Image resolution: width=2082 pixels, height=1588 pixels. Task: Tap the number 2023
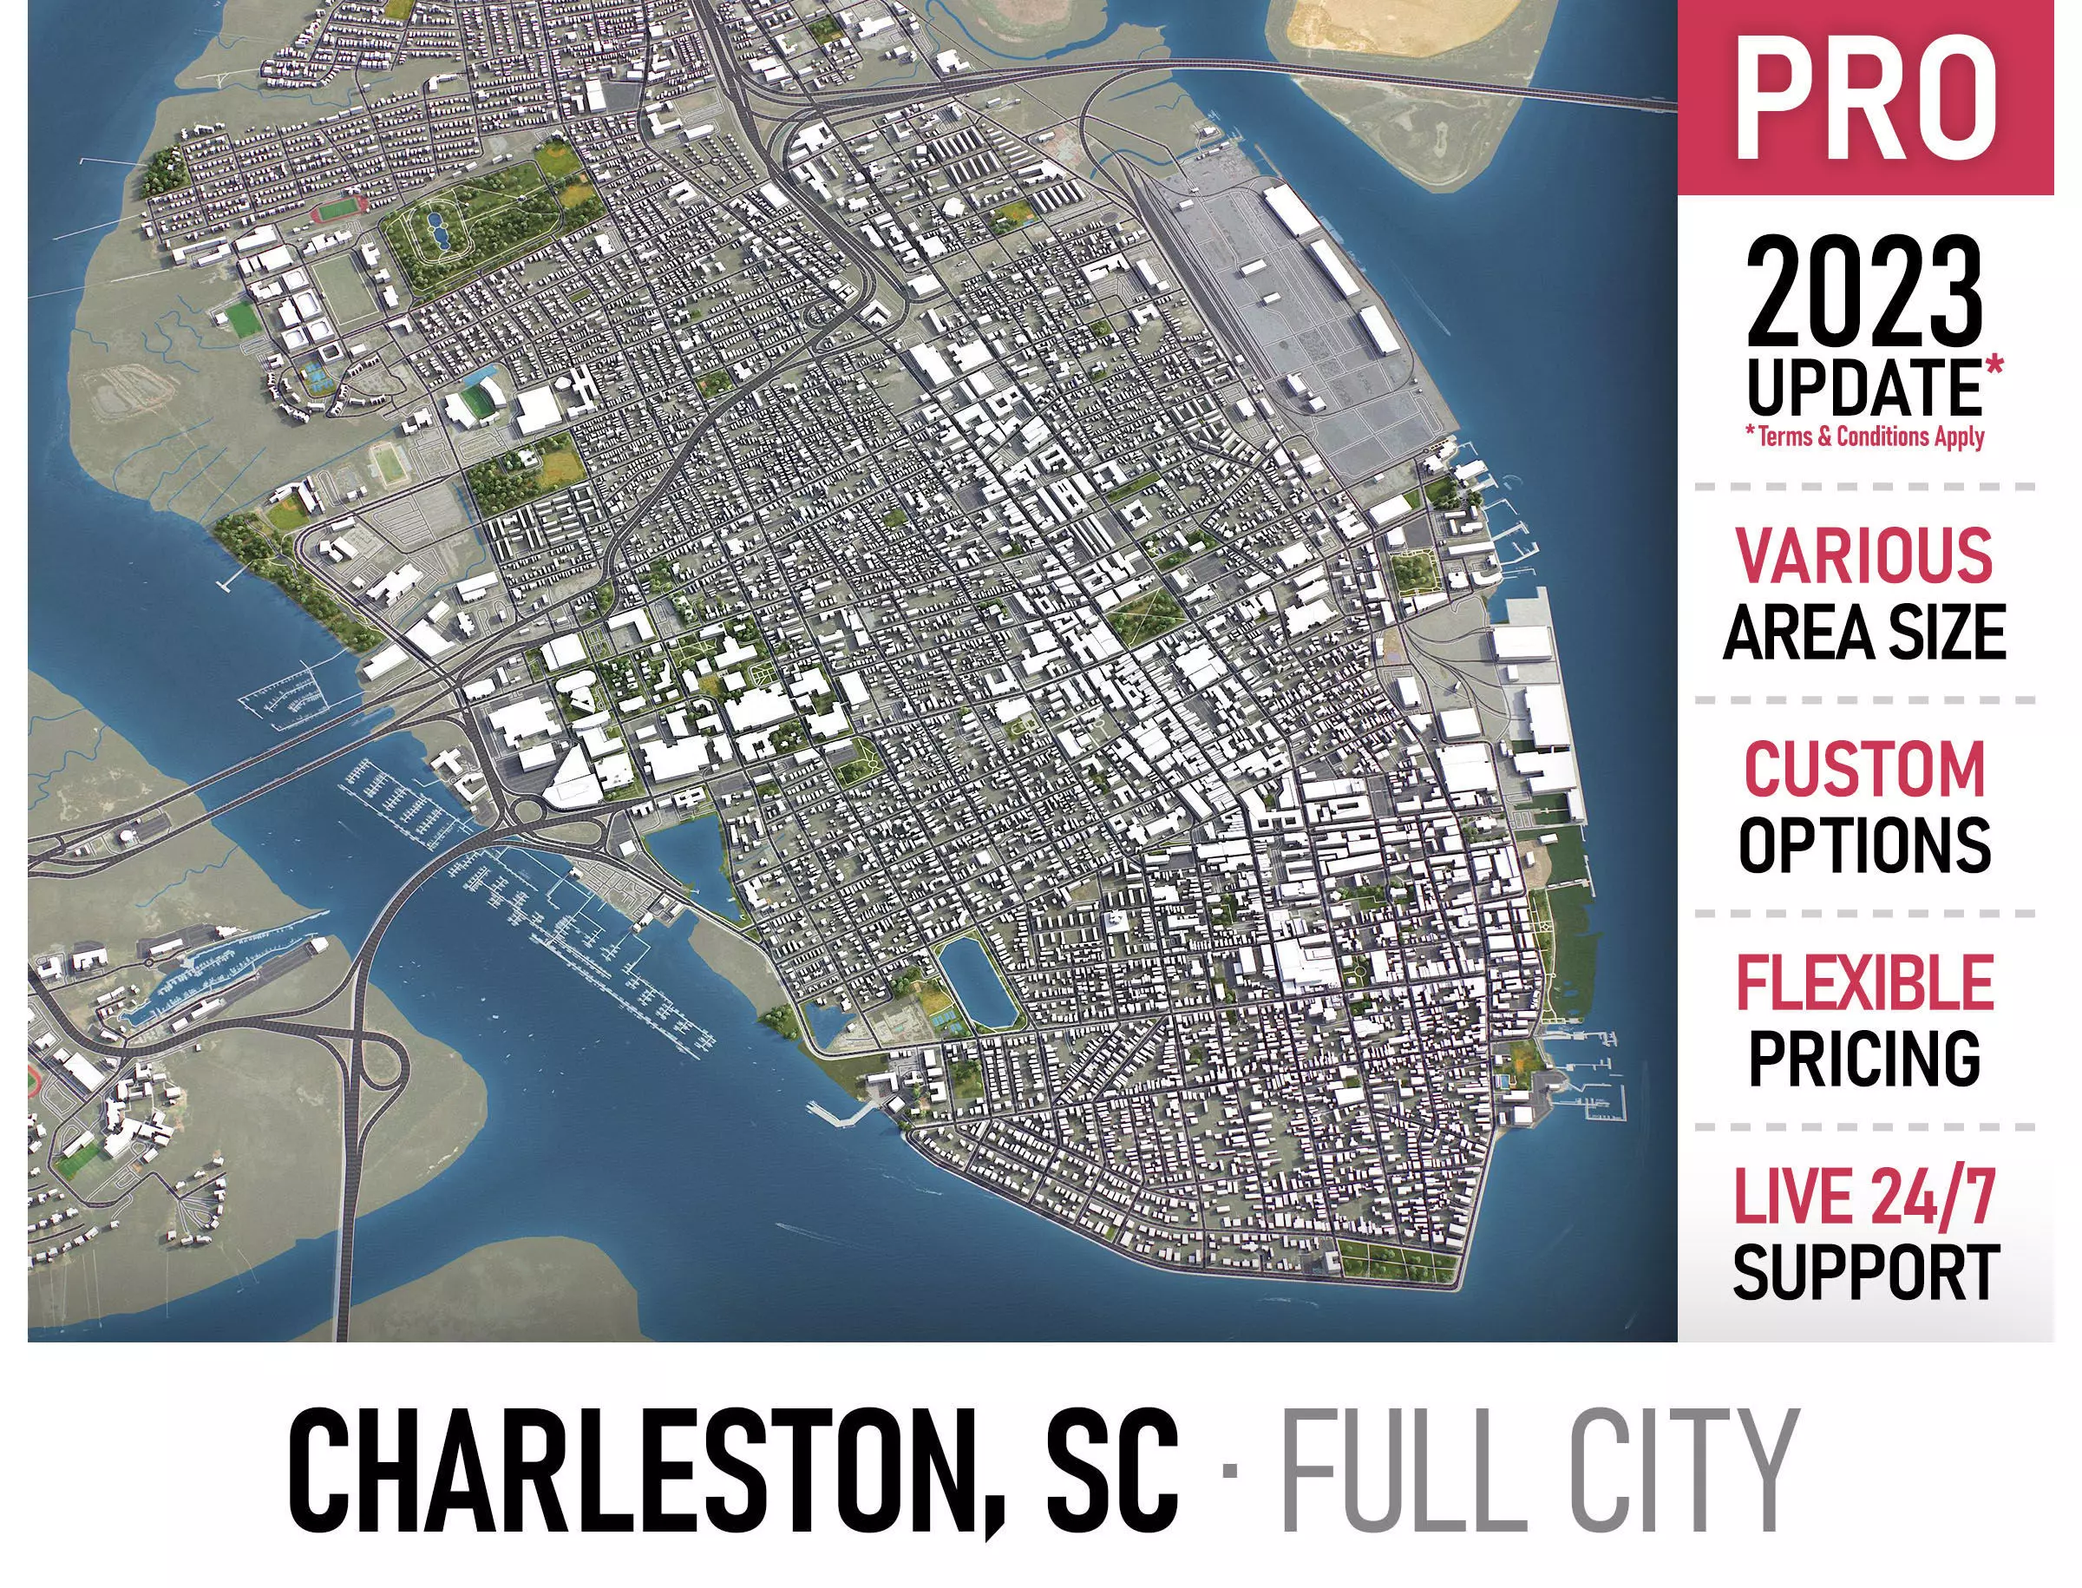point(1863,292)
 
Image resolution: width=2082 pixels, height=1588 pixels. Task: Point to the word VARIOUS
point(1863,555)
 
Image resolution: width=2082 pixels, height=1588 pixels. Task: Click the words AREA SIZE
point(1863,632)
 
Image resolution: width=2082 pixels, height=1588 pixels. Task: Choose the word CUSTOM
point(1863,769)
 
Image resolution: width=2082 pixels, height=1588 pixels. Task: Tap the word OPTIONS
point(1863,844)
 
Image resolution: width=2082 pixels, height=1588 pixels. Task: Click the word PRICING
point(1863,1057)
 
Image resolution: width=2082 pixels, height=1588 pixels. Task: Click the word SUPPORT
point(1863,1271)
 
